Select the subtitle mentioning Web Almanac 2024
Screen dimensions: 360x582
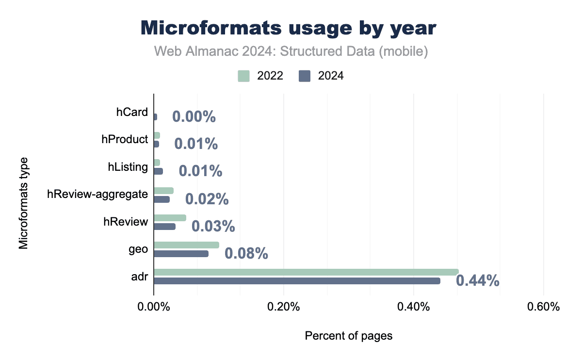pos(291,51)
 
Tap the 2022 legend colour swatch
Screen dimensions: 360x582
pos(244,76)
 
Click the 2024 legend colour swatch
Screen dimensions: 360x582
pos(305,76)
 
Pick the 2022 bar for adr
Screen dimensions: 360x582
pos(306,272)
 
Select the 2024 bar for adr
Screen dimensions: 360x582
pos(297,281)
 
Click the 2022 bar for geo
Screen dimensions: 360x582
pos(186,245)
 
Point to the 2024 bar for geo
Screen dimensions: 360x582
pos(181,253)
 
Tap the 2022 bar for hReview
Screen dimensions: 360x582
pos(170,218)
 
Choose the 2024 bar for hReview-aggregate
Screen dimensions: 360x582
pos(162,199)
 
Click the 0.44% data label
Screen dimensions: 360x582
pos(478,280)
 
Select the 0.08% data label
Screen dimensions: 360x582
pos(246,253)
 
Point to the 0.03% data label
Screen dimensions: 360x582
pos(213,226)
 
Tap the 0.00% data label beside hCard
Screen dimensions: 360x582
pos(194,117)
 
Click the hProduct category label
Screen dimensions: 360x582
pos(125,139)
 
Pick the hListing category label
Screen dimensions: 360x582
pos(128,167)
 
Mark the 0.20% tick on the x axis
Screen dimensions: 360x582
pos(284,307)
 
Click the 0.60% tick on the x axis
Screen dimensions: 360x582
pos(544,307)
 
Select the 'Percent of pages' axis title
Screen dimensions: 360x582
pos(348,336)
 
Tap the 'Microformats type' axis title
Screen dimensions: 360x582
pos(23,203)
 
